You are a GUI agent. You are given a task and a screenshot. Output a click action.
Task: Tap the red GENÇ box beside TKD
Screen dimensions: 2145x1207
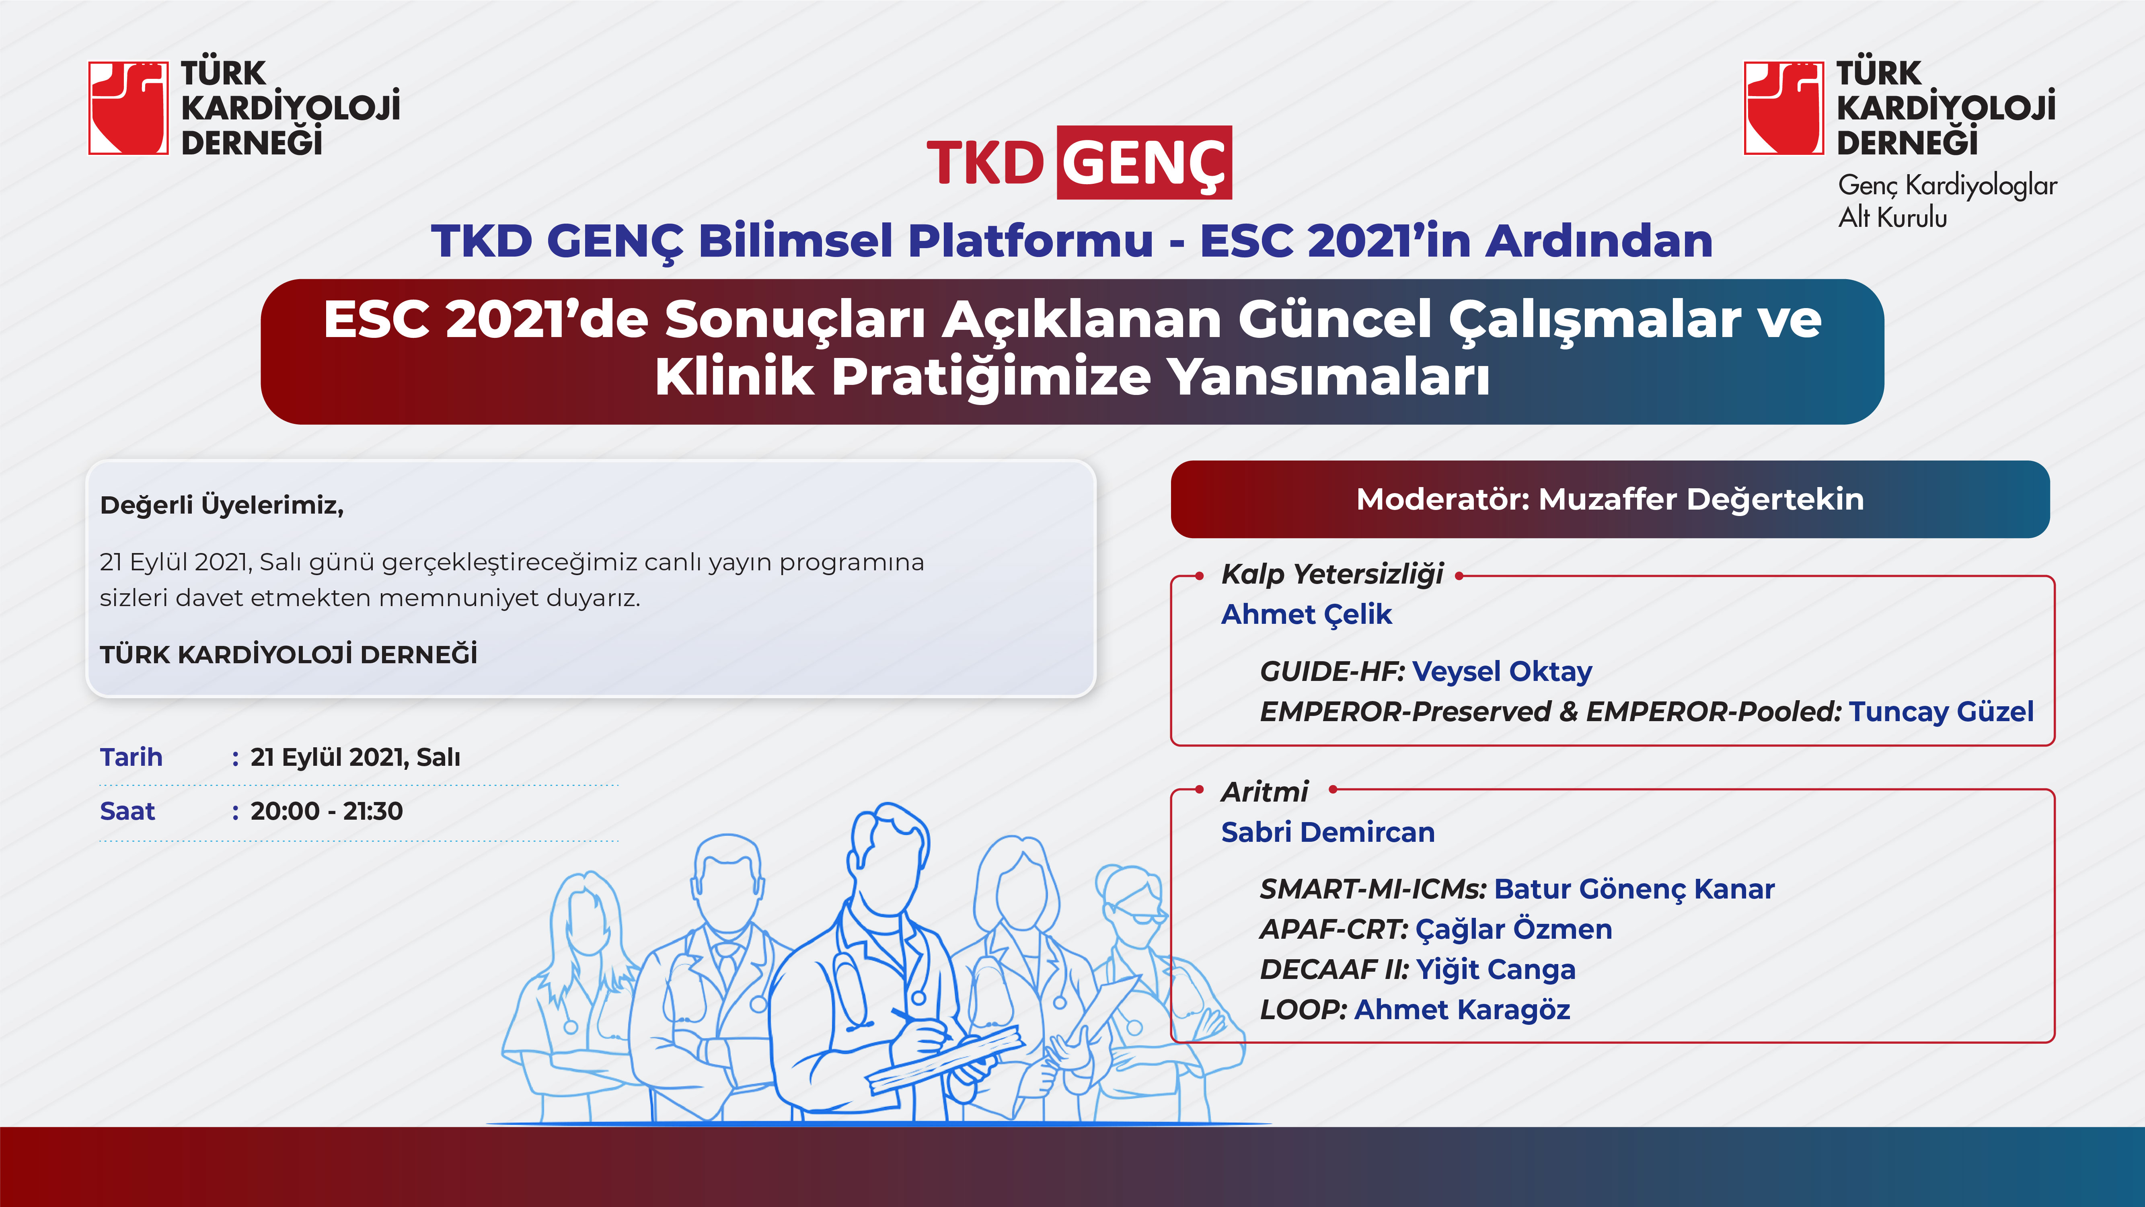(x=1144, y=162)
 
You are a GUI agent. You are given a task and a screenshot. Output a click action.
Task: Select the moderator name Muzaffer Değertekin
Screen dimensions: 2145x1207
(x=1701, y=499)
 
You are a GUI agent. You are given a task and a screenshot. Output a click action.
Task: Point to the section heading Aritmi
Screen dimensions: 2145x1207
(x=1264, y=792)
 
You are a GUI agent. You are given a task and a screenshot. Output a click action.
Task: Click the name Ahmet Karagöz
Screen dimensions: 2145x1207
(x=1462, y=1010)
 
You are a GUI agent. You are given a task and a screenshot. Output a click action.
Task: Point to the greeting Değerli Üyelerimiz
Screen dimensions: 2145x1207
(x=222, y=505)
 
